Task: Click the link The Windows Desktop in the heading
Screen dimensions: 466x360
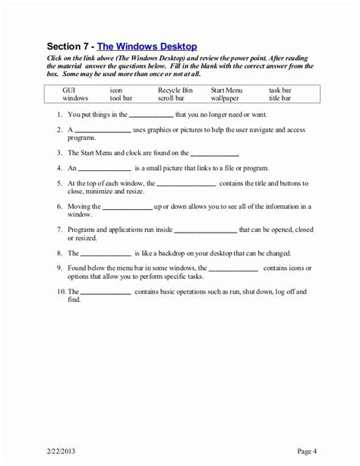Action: (x=147, y=46)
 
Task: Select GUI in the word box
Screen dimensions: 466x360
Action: (x=69, y=90)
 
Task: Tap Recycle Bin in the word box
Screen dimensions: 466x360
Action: (x=175, y=90)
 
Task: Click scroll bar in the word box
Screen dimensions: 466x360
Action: (x=172, y=98)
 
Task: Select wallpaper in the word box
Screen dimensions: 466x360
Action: (x=225, y=98)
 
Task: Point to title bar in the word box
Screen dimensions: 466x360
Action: (x=279, y=98)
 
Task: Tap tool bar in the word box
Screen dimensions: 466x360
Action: (x=121, y=98)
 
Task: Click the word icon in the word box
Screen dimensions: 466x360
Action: (x=116, y=90)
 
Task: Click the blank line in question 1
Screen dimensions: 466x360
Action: (x=150, y=116)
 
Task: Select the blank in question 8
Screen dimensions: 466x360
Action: (x=106, y=255)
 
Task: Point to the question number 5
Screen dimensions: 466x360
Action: (x=59, y=184)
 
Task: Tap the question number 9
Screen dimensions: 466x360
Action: (x=59, y=268)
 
